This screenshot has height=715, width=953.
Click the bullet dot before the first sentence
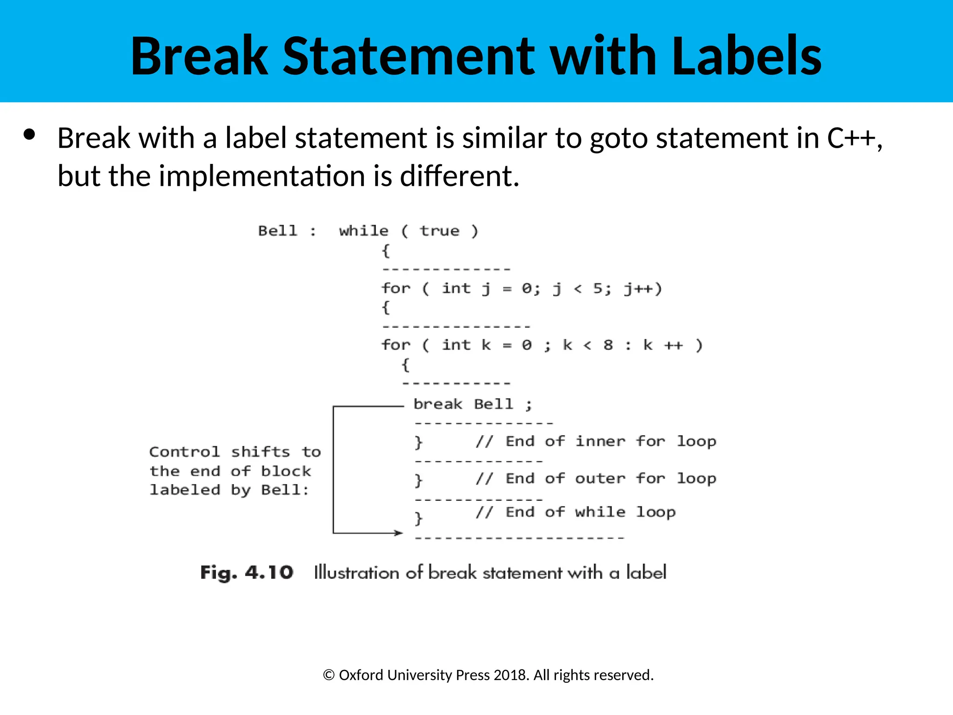(29, 135)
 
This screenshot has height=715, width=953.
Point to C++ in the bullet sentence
(851, 138)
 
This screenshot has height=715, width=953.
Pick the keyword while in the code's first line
(363, 231)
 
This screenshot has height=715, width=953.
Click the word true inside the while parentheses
(439, 231)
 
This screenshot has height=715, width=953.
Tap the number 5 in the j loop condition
(598, 289)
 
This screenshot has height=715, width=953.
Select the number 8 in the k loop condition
(608, 345)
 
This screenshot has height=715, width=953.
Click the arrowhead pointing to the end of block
(399, 533)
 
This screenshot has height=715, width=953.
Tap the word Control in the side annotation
(184, 452)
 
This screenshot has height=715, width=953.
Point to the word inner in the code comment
(600, 441)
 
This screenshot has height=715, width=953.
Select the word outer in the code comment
(600, 479)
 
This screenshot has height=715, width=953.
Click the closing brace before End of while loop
(418, 518)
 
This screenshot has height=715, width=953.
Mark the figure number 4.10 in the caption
(269, 573)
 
